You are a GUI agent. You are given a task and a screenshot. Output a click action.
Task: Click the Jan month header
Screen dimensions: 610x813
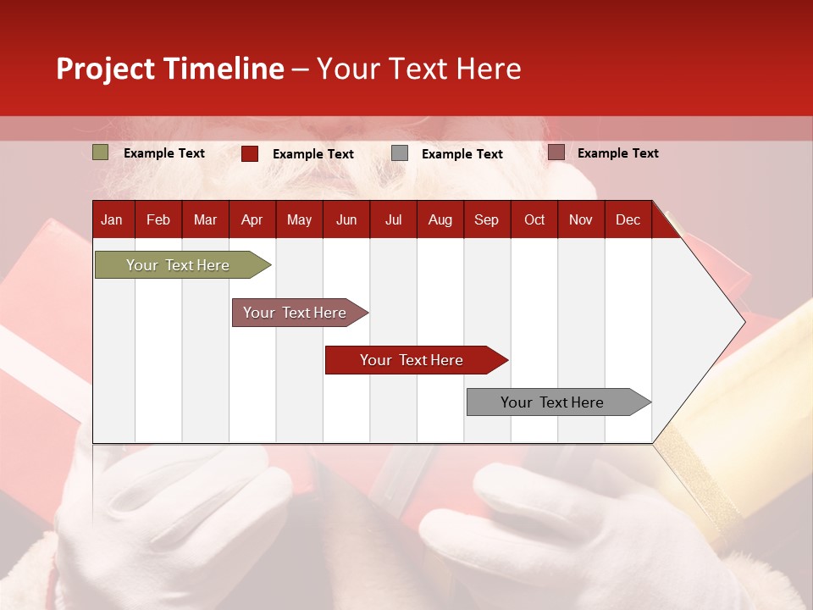pos(112,219)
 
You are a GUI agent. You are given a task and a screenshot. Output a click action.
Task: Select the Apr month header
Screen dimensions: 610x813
pos(252,219)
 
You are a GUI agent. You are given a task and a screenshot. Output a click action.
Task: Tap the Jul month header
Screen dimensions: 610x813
pos(393,219)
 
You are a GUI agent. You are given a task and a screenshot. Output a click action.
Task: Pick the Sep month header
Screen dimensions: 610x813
pos(486,219)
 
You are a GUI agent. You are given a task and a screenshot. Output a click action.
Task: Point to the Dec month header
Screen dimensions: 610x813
pos(628,219)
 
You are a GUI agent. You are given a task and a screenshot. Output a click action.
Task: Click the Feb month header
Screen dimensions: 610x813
pos(158,219)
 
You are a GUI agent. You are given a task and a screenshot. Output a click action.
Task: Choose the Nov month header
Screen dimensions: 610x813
pos(580,219)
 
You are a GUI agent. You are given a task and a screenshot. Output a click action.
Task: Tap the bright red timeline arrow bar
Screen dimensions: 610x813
pos(412,360)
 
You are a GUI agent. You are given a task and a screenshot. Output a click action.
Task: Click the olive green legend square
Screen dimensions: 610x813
pos(100,152)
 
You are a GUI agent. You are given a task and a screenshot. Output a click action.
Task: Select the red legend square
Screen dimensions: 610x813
pos(250,153)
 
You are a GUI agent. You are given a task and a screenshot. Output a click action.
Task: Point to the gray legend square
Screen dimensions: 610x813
pos(400,153)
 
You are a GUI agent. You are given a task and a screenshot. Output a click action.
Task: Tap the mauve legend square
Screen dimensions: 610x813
pos(556,152)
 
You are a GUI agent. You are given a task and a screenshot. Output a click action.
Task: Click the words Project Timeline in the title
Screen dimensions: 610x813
pos(170,69)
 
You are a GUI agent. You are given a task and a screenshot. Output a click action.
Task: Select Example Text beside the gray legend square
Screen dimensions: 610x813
pos(462,154)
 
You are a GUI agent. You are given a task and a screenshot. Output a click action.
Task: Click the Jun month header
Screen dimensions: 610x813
pos(346,219)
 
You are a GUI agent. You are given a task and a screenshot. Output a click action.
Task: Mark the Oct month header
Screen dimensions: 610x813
pos(534,219)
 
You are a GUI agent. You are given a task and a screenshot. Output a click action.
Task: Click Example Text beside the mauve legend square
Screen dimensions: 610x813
pos(617,153)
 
